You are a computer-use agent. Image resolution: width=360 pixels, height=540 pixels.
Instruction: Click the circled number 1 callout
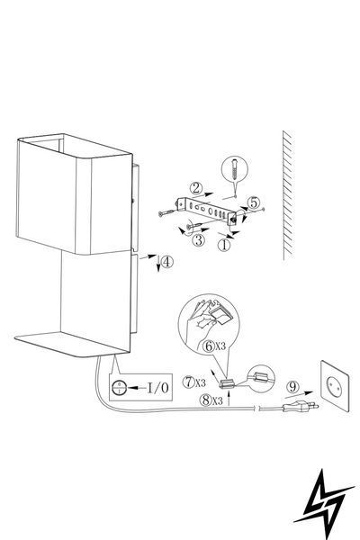(224, 245)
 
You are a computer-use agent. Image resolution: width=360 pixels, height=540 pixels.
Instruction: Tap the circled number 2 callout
(196, 188)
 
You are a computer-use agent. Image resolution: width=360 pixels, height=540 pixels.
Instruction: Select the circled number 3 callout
(198, 240)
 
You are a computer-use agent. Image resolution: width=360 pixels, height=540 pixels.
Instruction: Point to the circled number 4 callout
(166, 263)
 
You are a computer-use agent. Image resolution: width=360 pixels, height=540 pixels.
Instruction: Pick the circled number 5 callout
(254, 202)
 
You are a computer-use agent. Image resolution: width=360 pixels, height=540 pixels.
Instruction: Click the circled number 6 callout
(209, 346)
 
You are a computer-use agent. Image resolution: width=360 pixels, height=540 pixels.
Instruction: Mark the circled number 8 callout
(206, 400)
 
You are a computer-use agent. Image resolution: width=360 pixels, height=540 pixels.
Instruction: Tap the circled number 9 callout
(292, 387)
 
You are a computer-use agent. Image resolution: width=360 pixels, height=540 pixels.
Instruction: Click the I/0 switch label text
(158, 388)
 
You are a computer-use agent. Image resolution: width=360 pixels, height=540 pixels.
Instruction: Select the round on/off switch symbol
(119, 388)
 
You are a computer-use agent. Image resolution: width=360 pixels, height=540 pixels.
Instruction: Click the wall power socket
(335, 386)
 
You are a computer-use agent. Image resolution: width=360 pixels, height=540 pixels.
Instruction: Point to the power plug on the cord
(300, 408)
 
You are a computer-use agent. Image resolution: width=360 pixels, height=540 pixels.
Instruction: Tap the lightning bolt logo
(323, 504)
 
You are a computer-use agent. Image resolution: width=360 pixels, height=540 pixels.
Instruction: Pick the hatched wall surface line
(288, 194)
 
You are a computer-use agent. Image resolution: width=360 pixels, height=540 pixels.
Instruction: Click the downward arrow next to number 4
(158, 264)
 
